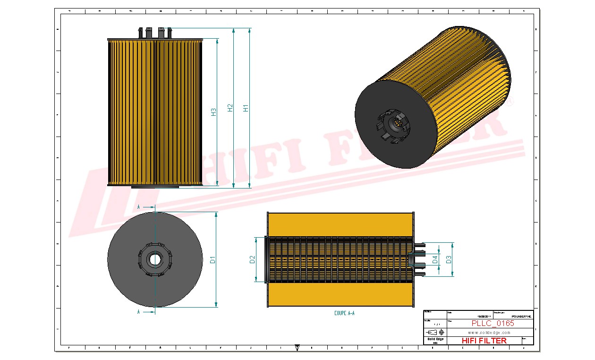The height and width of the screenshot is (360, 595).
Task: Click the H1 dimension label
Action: point(246,108)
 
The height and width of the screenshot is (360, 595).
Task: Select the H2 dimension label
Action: point(230,108)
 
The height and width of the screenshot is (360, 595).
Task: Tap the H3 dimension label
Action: point(213,112)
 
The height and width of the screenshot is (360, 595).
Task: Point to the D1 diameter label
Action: point(213,259)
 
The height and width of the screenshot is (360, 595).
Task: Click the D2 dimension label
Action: point(252,259)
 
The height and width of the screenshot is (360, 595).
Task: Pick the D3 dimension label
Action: point(449,259)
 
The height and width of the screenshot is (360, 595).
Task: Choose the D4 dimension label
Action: point(435,259)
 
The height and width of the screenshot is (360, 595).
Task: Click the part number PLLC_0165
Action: point(493,324)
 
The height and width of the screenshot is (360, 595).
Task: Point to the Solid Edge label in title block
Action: point(435,339)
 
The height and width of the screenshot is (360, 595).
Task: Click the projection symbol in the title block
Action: point(437,332)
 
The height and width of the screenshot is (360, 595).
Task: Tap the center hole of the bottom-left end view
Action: point(154,259)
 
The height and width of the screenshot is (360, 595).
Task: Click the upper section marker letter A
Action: point(138,207)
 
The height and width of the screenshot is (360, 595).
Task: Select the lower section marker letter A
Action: point(138,312)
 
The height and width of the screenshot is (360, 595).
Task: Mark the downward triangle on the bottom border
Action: point(297,348)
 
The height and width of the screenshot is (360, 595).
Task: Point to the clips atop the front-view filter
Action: point(155,33)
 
